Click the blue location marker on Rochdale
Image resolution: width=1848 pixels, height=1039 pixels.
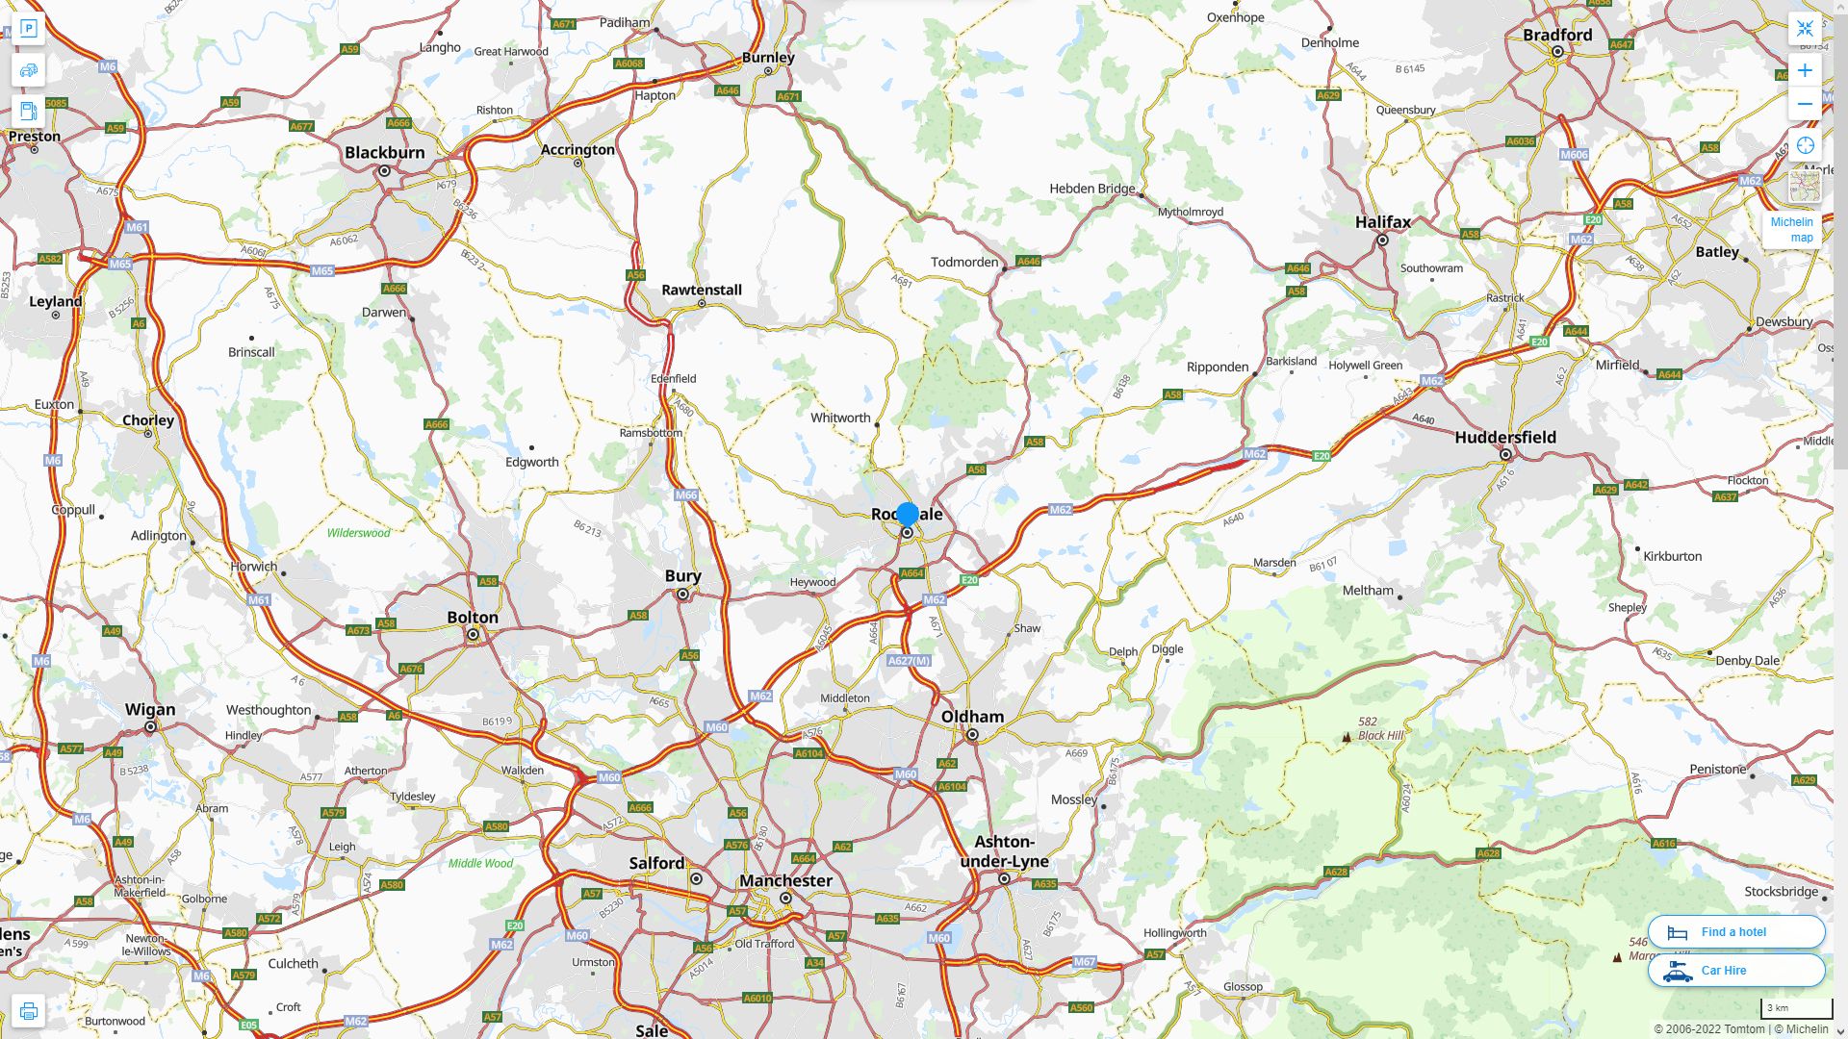(907, 515)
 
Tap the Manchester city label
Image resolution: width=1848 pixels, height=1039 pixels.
(785, 880)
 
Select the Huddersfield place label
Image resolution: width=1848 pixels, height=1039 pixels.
(1505, 438)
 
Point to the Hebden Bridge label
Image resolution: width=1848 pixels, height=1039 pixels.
(1091, 189)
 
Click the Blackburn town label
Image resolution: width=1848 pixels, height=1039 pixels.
(384, 152)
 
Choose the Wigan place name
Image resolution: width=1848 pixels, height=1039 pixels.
(150, 710)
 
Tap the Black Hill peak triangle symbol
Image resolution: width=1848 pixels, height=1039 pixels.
(1346, 738)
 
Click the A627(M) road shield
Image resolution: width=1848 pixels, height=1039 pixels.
(909, 661)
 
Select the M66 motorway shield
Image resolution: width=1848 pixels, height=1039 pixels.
(686, 495)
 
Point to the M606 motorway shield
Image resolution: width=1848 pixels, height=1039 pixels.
(1574, 155)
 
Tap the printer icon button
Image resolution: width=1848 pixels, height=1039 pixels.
(28, 1011)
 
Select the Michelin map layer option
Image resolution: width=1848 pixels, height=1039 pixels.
(1792, 230)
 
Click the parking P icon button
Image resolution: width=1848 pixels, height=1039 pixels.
(28, 29)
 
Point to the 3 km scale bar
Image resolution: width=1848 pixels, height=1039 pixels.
(1796, 1009)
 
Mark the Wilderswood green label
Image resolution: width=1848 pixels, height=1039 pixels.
(358, 533)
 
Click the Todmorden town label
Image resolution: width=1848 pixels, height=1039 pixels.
(964, 262)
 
